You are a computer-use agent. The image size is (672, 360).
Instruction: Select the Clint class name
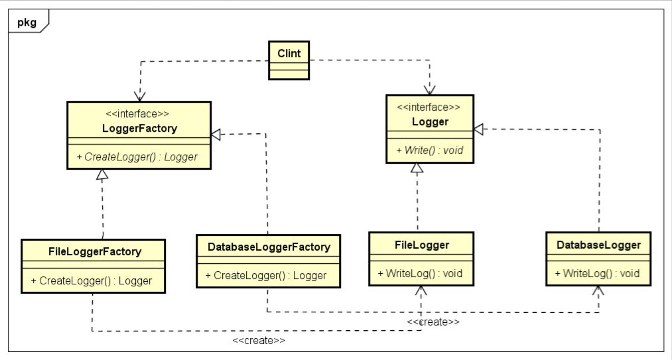[x=289, y=53]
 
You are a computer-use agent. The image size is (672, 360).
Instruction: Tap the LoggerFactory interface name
[x=139, y=129]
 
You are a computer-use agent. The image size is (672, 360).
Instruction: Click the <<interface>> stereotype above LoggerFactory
[x=139, y=114]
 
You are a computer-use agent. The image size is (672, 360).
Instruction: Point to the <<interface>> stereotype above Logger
[x=429, y=107]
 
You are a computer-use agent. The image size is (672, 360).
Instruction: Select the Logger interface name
[x=430, y=121]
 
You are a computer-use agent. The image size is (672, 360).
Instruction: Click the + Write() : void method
[x=429, y=150]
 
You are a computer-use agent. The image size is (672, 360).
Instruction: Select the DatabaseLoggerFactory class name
[x=269, y=247]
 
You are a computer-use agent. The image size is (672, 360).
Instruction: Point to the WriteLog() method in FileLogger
[x=420, y=273]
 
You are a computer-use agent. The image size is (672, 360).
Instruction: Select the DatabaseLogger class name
[x=598, y=245]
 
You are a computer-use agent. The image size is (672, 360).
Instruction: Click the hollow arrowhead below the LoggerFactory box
[x=101, y=175]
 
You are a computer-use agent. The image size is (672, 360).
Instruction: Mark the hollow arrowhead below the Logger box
[x=417, y=168]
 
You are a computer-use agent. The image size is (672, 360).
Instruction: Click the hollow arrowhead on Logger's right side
[x=478, y=129]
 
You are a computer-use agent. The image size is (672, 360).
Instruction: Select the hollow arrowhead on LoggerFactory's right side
[x=216, y=135]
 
